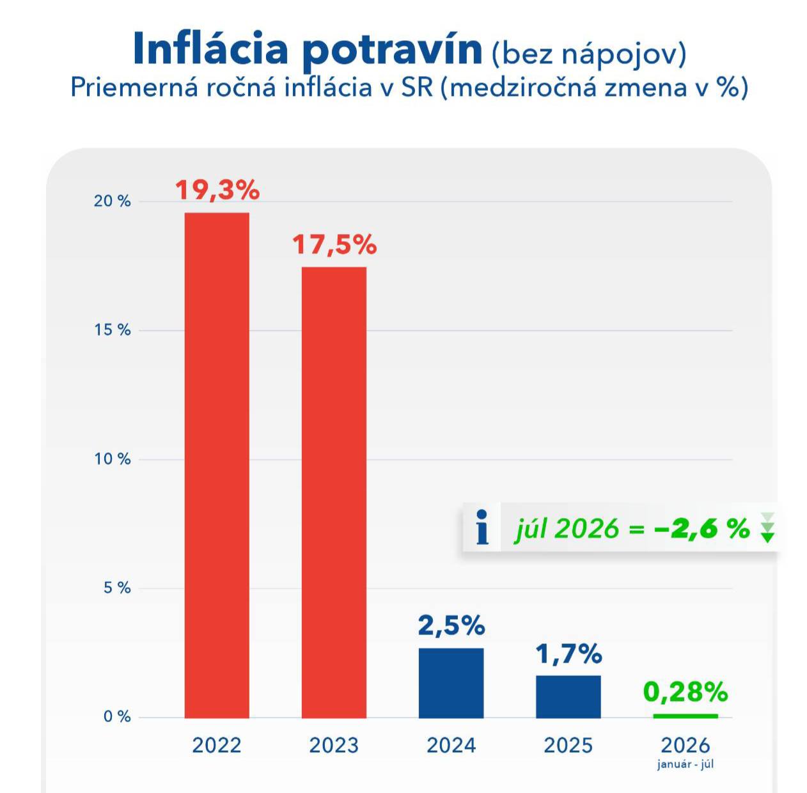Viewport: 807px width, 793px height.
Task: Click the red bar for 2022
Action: coord(217,465)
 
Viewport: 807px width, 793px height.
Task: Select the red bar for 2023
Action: coord(334,492)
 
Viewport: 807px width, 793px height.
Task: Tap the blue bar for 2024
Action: coord(451,683)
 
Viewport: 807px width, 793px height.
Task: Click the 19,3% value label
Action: coord(217,190)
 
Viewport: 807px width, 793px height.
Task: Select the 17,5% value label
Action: coord(334,245)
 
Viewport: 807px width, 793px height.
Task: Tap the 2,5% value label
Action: coord(451,626)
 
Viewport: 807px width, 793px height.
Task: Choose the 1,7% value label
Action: coord(568,654)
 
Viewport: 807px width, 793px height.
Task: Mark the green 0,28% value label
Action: coord(686,691)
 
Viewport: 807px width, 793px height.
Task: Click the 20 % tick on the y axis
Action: coord(112,201)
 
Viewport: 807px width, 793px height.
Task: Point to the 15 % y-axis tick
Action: coord(112,330)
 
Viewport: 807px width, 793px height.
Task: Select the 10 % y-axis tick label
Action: coord(112,459)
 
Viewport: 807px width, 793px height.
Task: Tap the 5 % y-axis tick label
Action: coord(117,588)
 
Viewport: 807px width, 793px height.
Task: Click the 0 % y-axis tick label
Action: coord(117,717)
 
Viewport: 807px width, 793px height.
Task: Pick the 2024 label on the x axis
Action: coord(451,746)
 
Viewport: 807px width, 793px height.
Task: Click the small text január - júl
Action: coord(686,764)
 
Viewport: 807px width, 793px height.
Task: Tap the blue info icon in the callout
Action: coord(482,527)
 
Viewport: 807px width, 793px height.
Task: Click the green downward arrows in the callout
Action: coord(767,528)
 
